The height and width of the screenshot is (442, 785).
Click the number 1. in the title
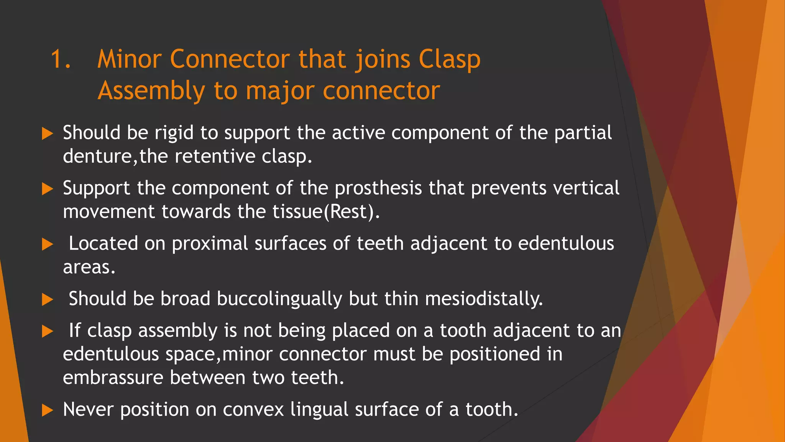pos(61,59)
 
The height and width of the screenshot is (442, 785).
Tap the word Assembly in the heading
pos(151,92)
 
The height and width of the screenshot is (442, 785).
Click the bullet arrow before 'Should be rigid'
pos(47,134)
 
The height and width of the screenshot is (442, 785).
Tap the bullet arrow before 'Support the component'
pos(47,189)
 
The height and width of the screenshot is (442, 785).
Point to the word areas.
pos(89,267)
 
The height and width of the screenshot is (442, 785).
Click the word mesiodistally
pos(484,299)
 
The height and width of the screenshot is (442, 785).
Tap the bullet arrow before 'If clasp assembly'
pos(47,331)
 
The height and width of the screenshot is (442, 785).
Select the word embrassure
pos(113,378)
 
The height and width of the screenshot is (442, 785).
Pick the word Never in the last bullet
pos(88,409)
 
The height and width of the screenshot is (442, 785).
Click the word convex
pos(253,410)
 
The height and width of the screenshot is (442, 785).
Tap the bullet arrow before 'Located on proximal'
pos(47,244)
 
